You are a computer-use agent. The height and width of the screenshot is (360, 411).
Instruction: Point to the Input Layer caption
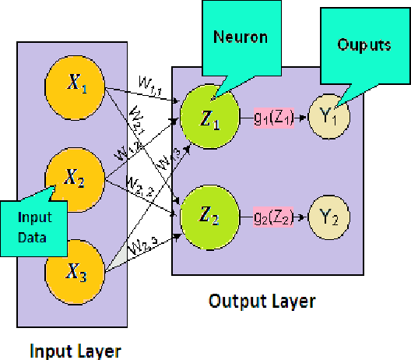coord(75,351)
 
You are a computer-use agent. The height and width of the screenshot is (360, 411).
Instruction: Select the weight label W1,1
coord(147,81)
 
